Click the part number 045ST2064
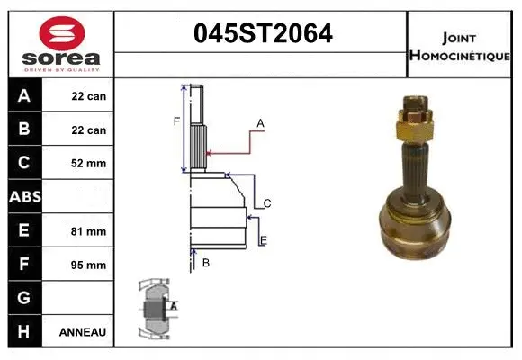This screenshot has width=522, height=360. pyautogui.click(x=263, y=35)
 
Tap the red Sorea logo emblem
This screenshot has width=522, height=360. pyautogui.click(x=61, y=34)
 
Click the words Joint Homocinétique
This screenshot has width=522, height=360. pyautogui.click(x=460, y=46)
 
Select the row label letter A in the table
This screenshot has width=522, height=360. pyautogui.click(x=24, y=96)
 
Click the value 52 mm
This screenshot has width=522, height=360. pyautogui.click(x=88, y=164)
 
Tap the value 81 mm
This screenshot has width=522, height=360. pyautogui.click(x=88, y=231)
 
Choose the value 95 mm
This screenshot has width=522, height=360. pyautogui.click(x=88, y=265)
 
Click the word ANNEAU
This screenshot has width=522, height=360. pyautogui.click(x=83, y=332)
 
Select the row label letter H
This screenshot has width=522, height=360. pyautogui.click(x=24, y=331)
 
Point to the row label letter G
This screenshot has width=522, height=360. pyautogui.click(x=24, y=298)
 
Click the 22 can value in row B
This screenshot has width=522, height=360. pyautogui.click(x=88, y=130)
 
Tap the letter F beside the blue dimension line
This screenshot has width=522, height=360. pyautogui.click(x=177, y=121)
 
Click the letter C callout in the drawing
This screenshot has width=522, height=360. pyautogui.click(x=267, y=204)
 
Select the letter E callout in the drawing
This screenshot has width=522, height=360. pyautogui.click(x=263, y=239)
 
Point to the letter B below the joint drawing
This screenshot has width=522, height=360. pyautogui.click(x=205, y=263)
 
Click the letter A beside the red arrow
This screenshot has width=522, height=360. pyautogui.click(x=260, y=122)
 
